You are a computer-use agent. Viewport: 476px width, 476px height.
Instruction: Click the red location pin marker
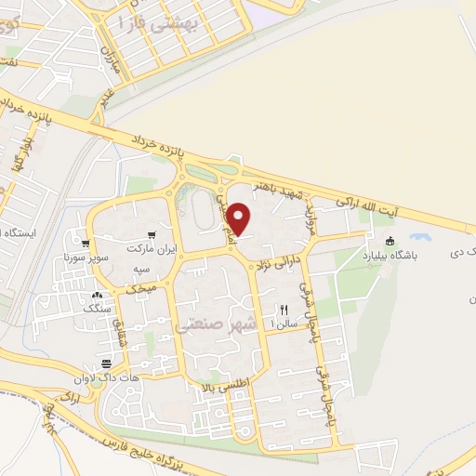[239, 218]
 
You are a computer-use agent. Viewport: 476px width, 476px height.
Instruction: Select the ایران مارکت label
[152, 251]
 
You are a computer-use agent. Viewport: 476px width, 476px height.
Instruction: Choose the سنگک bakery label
[97, 306]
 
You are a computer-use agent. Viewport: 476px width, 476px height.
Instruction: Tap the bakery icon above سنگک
[97, 294]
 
